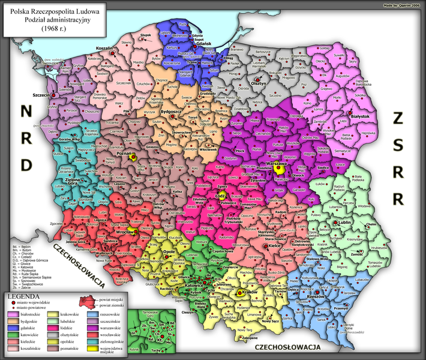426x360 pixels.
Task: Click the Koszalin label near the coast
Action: click(106, 47)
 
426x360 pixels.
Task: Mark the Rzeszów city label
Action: click(326, 297)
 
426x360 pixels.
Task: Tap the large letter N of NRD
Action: click(26, 111)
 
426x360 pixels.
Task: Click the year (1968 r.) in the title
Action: click(55, 28)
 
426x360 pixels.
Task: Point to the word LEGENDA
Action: click(24, 296)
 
